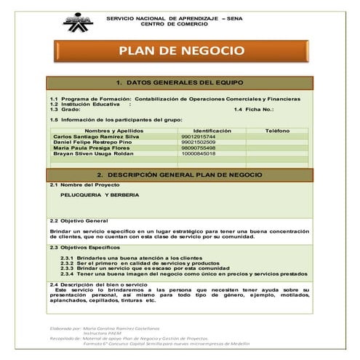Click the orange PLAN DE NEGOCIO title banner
[181, 51]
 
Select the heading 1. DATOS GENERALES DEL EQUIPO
[180, 82]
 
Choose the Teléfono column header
[277, 130]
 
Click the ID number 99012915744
[199, 136]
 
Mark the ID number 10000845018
[199, 153]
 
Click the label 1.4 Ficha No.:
[254, 109]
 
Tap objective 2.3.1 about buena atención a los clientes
[131, 258]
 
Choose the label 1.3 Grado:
[65, 109]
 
